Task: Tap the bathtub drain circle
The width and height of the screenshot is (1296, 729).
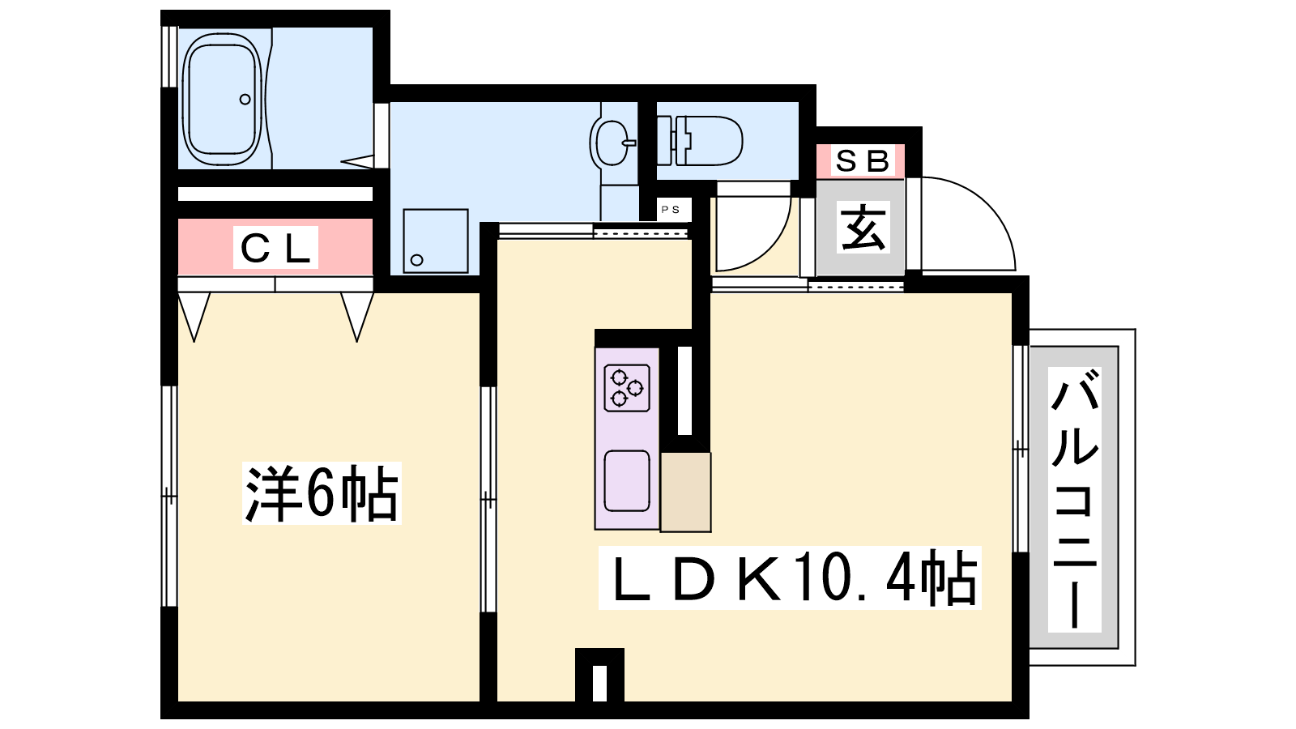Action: point(245,100)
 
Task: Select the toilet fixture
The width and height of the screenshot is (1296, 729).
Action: point(700,141)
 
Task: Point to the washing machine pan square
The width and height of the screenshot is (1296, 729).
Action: point(436,241)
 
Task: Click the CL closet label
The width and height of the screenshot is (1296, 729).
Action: point(275,248)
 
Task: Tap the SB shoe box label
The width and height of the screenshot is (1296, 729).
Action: point(862,161)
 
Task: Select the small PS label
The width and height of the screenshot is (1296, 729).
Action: point(671,210)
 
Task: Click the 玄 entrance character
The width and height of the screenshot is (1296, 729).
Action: point(862,227)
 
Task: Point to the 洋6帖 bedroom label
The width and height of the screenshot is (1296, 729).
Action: point(322,493)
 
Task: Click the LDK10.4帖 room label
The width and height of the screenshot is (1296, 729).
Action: point(790,578)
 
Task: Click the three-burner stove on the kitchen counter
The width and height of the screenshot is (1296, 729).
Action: point(627,388)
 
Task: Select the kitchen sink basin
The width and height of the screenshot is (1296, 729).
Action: point(627,481)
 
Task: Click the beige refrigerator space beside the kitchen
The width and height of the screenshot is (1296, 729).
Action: point(685,492)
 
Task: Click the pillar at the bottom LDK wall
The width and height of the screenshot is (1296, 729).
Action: point(599,676)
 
